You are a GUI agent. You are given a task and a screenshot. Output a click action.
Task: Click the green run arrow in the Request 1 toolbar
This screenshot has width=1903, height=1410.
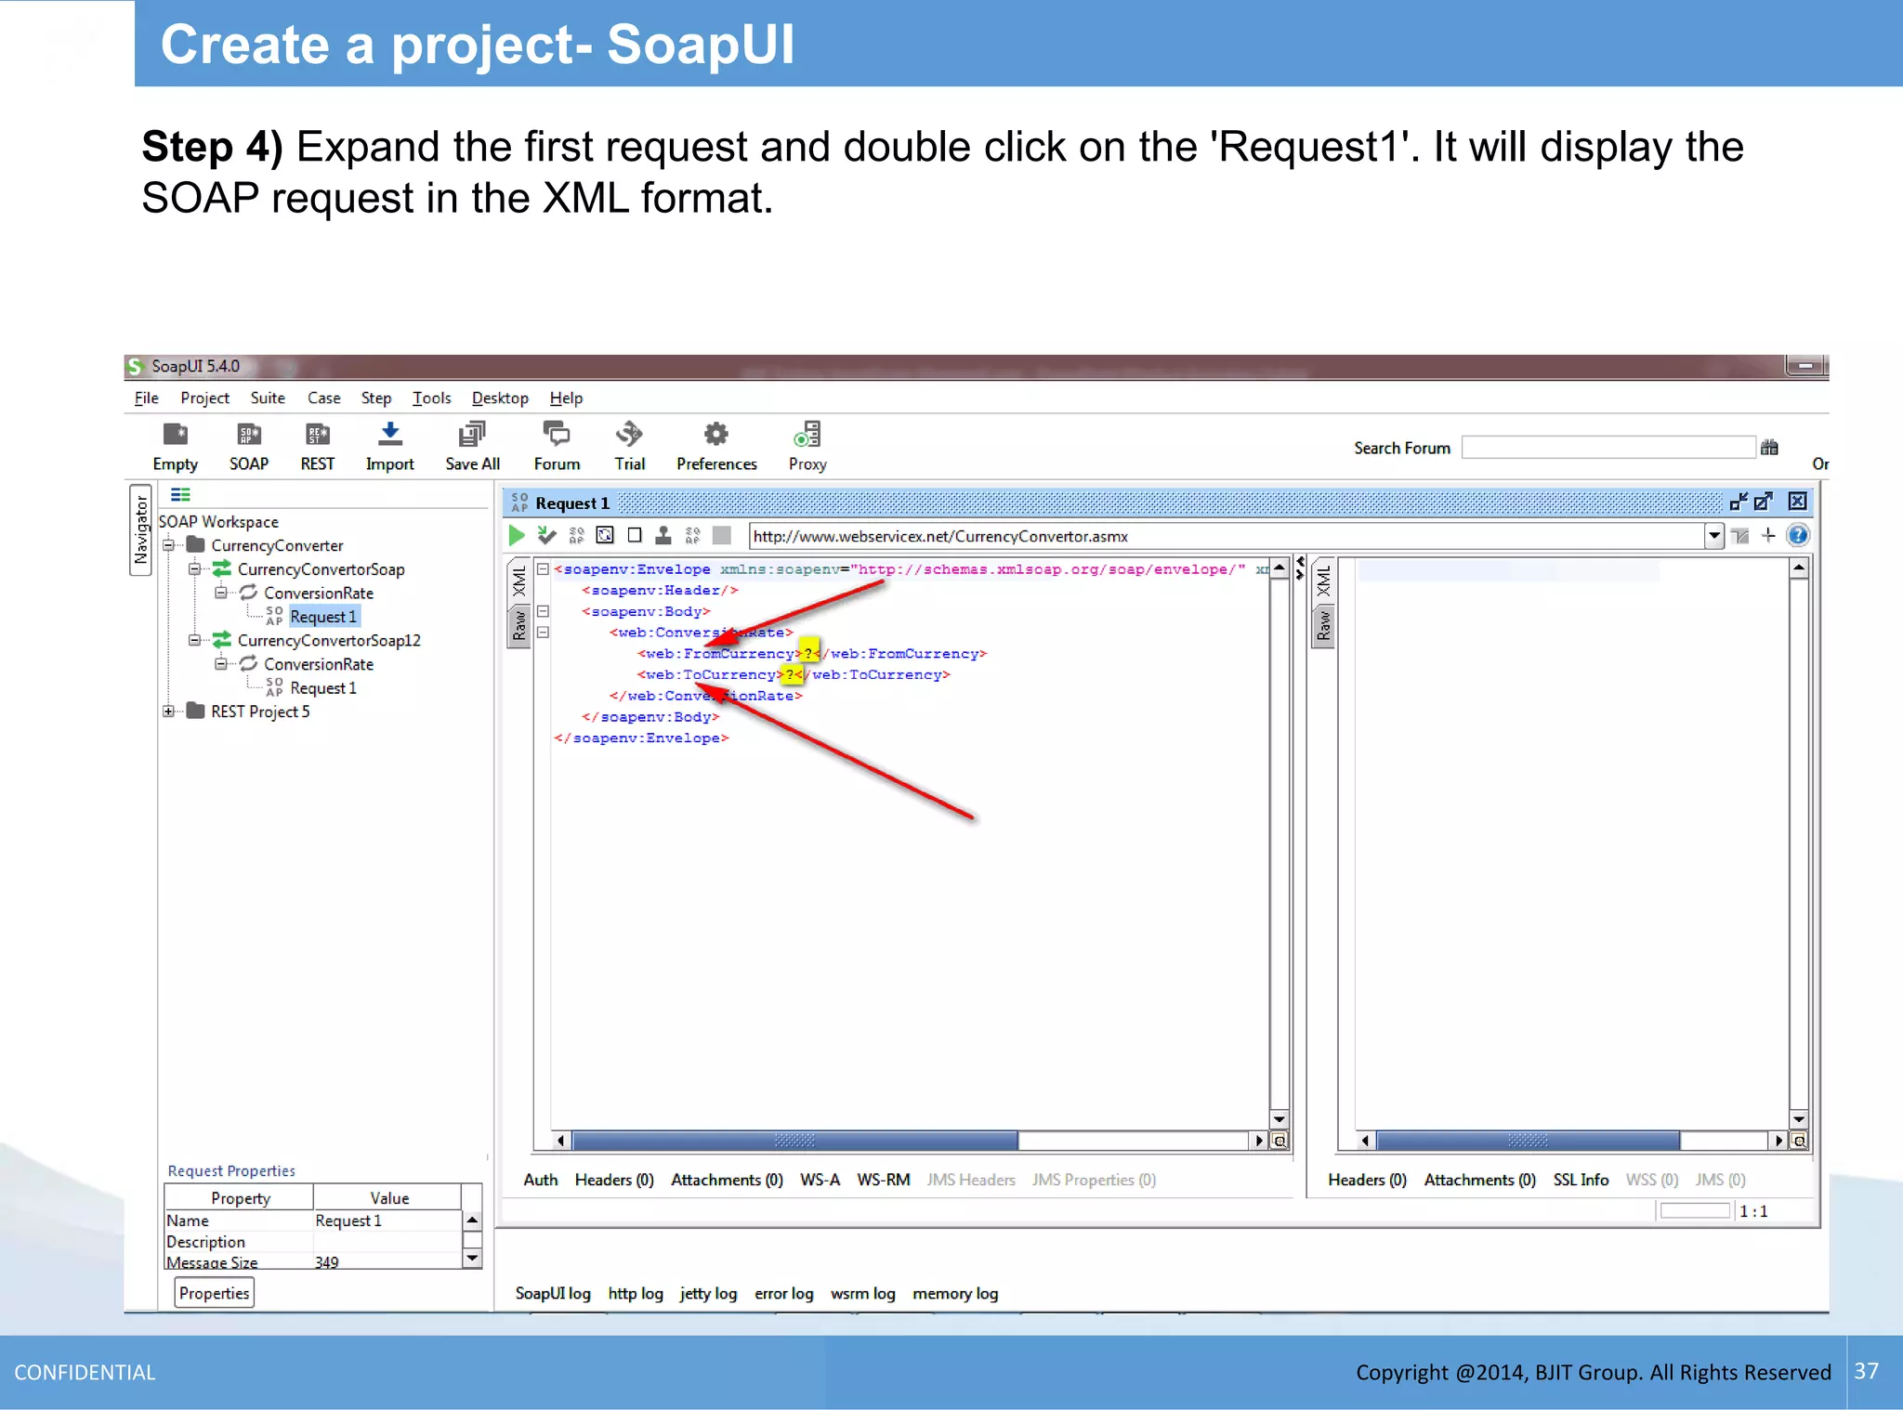(517, 535)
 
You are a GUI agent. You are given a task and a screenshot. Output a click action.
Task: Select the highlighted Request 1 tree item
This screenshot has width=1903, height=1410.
(322, 617)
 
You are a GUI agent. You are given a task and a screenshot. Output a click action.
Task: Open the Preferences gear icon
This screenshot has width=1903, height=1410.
(715, 435)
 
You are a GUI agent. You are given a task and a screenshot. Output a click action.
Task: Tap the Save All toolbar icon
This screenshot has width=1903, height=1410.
(472, 435)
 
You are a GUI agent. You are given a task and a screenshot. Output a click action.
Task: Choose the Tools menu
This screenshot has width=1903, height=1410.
(431, 398)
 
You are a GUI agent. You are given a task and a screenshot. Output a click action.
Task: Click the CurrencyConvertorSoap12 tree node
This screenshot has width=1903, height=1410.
(328, 640)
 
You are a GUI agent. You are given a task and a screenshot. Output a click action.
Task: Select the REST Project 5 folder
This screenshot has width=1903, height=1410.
(259, 712)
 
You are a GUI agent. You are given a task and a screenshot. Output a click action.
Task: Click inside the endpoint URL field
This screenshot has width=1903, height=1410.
(1208, 536)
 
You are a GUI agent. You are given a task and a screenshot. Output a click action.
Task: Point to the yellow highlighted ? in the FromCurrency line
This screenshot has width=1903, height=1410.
(808, 653)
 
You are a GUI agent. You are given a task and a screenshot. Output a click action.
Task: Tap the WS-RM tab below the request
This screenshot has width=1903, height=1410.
(882, 1180)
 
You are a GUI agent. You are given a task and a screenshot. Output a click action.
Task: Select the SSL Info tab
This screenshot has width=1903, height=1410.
(1580, 1180)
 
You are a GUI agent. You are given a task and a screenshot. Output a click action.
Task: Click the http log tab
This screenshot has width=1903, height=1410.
(635, 1293)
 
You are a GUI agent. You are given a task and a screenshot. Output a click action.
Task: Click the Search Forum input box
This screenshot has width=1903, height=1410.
(1608, 448)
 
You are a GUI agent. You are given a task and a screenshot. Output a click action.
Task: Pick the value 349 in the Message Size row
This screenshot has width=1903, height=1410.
(327, 1261)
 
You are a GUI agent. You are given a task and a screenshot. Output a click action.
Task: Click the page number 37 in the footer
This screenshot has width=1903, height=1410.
(1866, 1371)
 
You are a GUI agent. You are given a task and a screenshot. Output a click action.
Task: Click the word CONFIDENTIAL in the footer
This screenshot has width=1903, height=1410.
(85, 1372)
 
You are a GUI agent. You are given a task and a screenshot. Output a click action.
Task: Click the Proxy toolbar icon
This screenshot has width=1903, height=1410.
(807, 435)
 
